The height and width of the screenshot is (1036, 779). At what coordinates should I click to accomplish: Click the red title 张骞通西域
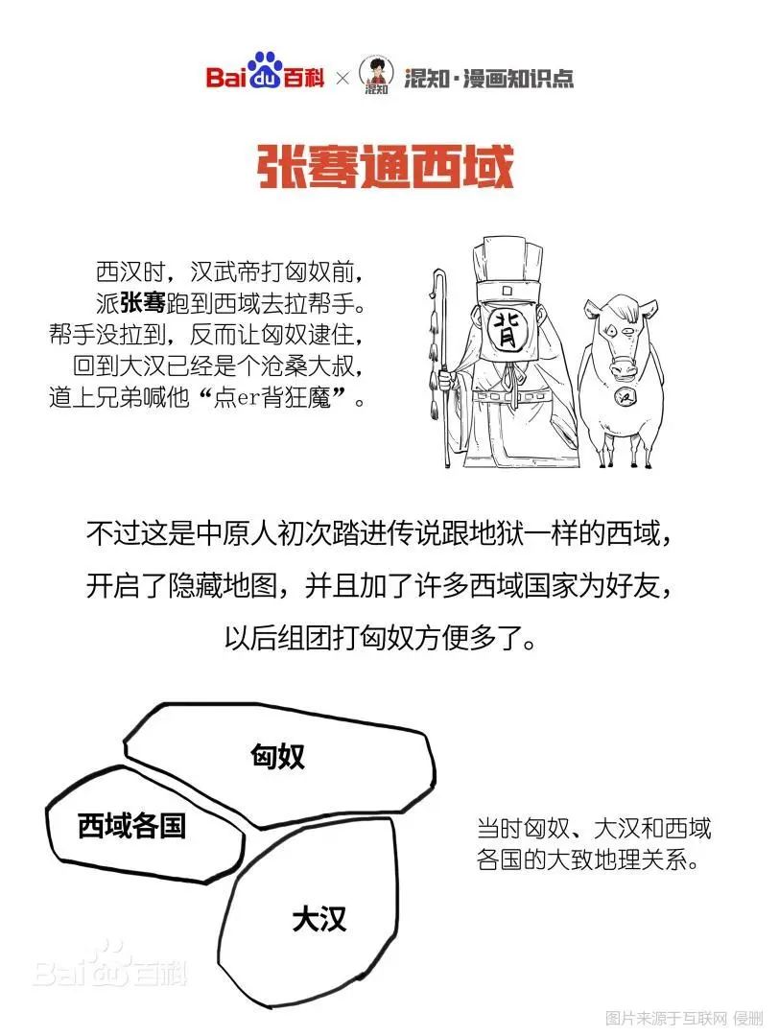[386, 169]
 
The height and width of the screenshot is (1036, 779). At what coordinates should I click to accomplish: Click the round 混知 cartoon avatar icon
[376, 76]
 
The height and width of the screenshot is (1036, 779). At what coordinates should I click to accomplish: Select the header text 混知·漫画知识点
[489, 78]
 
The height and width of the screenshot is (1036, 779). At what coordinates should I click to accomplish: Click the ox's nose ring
[624, 366]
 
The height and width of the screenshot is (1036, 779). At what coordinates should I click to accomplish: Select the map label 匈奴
[277, 756]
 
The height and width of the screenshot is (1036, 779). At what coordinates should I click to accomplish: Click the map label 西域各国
[131, 824]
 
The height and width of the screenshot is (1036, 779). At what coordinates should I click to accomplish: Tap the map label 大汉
[319, 920]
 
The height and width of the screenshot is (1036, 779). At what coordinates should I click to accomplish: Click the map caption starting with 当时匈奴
[594, 843]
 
